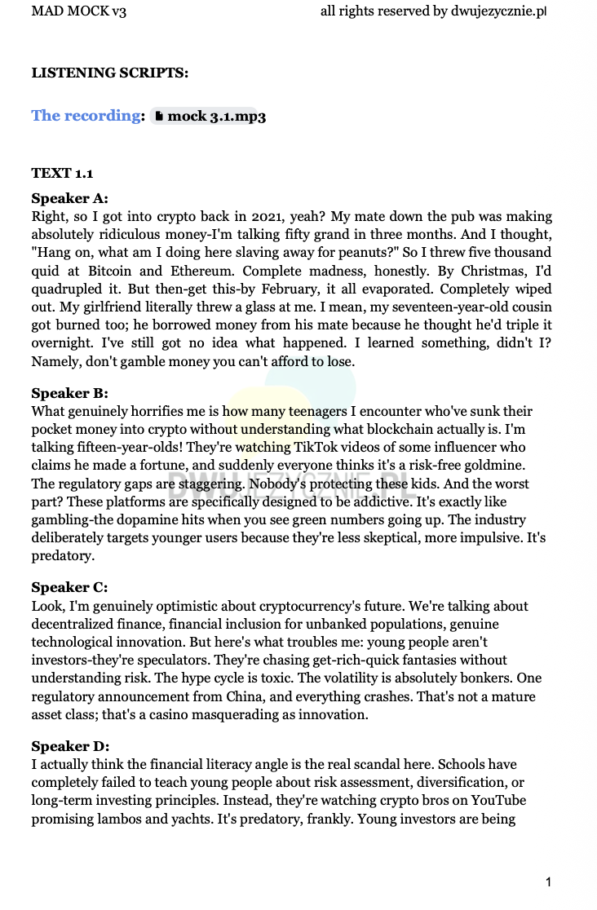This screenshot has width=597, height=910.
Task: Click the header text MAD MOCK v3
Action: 79,11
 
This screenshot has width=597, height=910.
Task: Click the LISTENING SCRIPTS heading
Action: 110,73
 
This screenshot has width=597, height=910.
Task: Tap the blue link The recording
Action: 86,116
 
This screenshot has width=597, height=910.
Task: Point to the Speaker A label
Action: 69,198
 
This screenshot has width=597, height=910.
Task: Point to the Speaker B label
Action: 69,393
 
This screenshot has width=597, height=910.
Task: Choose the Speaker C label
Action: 69,588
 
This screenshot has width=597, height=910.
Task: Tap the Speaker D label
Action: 70,747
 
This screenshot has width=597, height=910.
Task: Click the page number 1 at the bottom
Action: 549,881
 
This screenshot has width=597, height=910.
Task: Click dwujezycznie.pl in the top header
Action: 497,11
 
